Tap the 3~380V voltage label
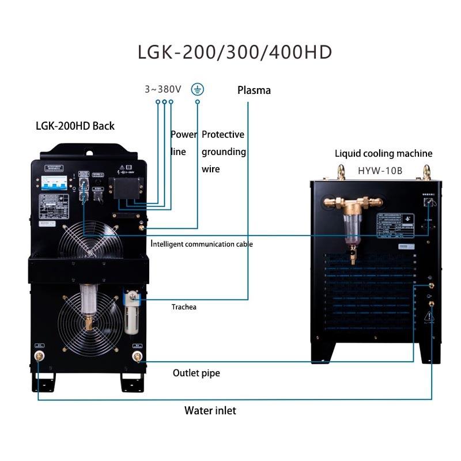coord(163,89)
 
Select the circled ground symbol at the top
coord(198,89)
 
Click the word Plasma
coord(254,90)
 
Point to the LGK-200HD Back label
coord(75,126)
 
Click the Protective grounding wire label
coord(223,152)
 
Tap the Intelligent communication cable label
coord(202,244)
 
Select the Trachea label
coord(184,307)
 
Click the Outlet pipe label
coord(196,373)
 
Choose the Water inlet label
coord(210,411)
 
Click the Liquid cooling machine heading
coord(383,153)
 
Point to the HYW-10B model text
coord(383,171)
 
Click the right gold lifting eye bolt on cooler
coord(426,172)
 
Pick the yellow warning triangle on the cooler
coord(429,316)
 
